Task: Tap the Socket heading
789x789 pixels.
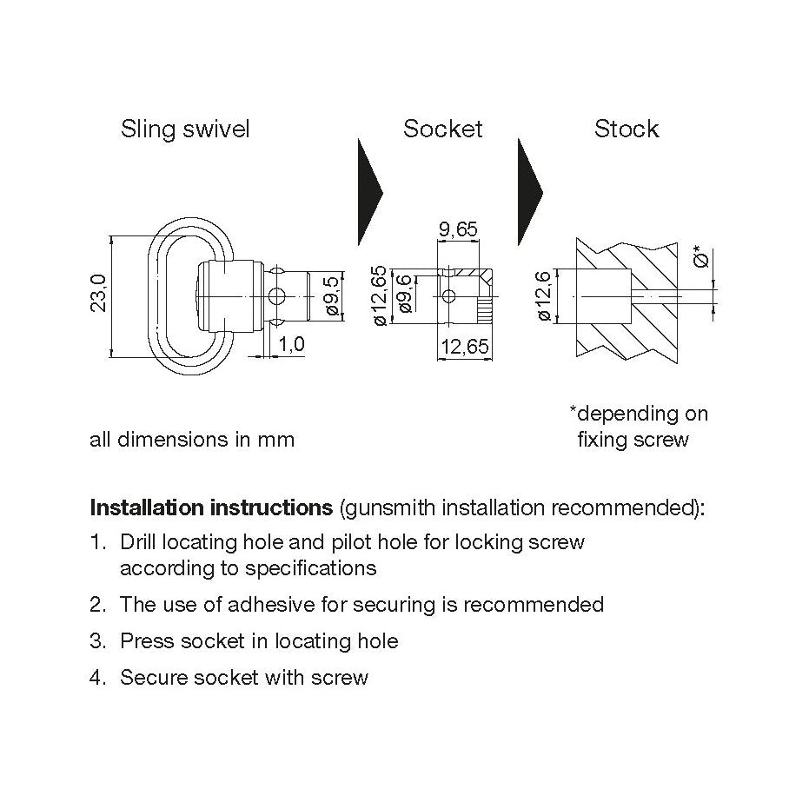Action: pyautogui.click(x=442, y=129)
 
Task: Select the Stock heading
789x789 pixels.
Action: pyautogui.click(x=627, y=129)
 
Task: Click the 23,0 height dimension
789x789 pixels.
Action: pyautogui.click(x=97, y=293)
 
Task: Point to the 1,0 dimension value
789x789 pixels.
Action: pyautogui.click(x=292, y=344)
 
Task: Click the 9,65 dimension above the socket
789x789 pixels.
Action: pyautogui.click(x=458, y=229)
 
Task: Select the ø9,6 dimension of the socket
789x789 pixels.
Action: pyautogui.click(x=405, y=295)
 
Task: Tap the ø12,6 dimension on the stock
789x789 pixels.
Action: pyautogui.click(x=544, y=297)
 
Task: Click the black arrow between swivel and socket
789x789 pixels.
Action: pyautogui.click(x=370, y=193)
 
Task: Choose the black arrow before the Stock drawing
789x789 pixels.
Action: pyautogui.click(x=529, y=193)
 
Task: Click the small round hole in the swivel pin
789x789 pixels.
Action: pyautogui.click(x=275, y=297)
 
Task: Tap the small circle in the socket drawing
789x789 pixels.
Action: pyautogui.click(x=448, y=297)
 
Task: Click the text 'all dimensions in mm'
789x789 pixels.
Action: pyautogui.click(x=192, y=440)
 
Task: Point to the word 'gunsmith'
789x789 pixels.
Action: pyautogui.click(x=389, y=507)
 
